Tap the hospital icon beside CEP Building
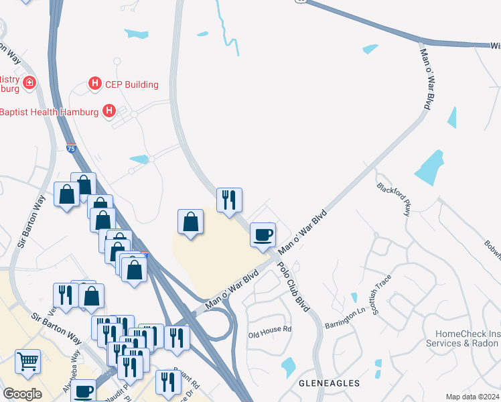(95, 84)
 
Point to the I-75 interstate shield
(72, 149)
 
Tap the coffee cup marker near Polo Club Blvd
(263, 235)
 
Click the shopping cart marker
(27, 361)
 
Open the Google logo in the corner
(22, 394)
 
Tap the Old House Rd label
(270, 330)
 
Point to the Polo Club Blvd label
(293, 284)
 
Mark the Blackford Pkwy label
(393, 199)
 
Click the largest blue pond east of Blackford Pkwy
(429, 167)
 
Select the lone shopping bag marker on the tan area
(191, 223)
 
